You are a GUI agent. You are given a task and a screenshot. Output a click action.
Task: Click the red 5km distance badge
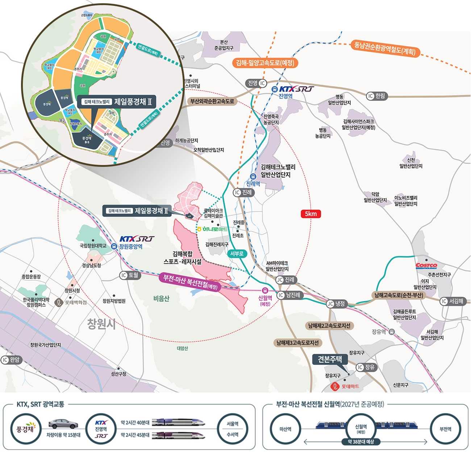point(310,214)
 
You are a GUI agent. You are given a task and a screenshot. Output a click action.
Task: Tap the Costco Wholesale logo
point(426,266)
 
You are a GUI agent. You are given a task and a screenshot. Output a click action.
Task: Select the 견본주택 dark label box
point(330,359)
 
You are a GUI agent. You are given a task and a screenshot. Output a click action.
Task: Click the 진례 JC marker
point(286,279)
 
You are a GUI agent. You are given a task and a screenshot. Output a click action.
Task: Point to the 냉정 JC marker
point(336,304)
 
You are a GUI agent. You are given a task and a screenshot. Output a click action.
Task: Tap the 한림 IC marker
point(376,96)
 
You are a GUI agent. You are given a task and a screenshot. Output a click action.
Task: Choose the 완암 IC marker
point(11,360)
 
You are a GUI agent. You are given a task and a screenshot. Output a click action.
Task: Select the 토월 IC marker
point(130,275)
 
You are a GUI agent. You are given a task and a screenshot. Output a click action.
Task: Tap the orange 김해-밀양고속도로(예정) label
point(265,63)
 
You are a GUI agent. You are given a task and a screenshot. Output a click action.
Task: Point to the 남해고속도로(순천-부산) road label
point(399,295)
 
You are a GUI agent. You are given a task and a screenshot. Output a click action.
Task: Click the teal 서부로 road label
point(237,254)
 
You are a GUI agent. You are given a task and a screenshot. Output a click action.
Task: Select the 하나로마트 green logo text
point(213,229)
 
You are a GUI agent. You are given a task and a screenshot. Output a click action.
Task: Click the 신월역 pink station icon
point(265,290)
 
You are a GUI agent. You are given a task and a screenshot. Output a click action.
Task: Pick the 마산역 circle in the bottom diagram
point(285,429)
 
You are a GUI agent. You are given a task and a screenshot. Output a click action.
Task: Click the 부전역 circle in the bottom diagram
point(445,429)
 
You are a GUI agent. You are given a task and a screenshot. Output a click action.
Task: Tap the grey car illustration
point(63,424)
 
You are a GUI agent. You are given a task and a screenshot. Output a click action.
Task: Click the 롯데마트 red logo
point(346,387)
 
